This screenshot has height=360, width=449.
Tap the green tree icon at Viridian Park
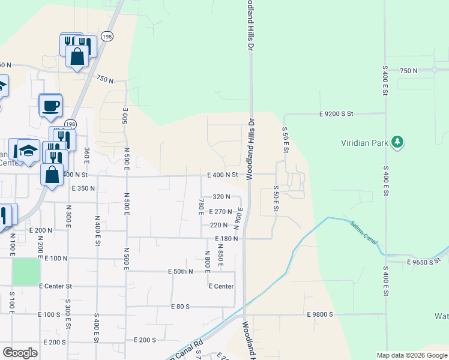point(396,142)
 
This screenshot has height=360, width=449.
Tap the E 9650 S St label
point(427,262)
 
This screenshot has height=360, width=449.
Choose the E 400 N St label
point(223,175)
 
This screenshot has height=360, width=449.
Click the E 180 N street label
point(227,239)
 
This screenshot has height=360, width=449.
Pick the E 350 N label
point(83,188)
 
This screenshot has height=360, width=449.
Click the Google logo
point(20,352)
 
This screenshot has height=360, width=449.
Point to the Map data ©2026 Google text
point(411,355)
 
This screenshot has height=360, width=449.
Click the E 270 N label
point(220,211)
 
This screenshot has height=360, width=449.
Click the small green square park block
point(25,272)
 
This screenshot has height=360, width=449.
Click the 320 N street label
point(221,197)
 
